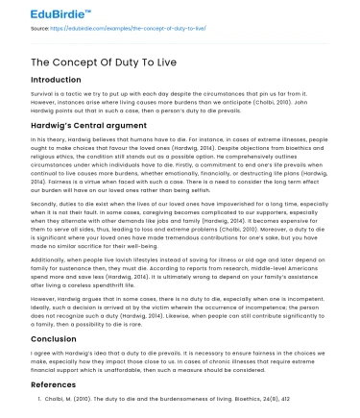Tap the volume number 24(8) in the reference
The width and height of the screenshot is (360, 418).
(x=234, y=397)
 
